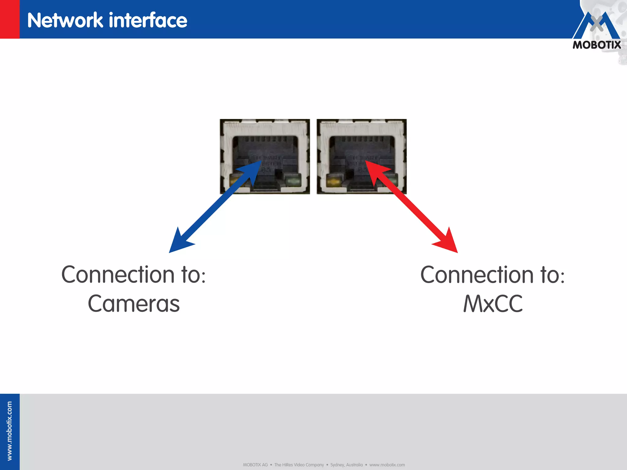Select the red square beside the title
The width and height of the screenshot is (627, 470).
(9, 19)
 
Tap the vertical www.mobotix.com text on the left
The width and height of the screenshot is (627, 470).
(9, 431)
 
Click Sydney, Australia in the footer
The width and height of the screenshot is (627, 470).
(346, 465)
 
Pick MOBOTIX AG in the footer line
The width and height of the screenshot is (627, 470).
(255, 465)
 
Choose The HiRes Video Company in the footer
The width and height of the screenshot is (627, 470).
(299, 465)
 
